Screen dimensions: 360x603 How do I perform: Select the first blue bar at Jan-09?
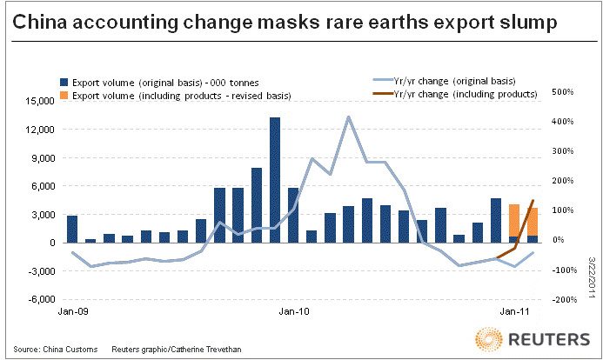72,229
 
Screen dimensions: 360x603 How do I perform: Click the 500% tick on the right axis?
562,91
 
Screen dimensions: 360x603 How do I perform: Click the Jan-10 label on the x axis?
292,310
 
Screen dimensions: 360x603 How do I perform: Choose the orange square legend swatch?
64,94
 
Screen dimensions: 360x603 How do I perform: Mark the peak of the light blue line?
348,116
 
